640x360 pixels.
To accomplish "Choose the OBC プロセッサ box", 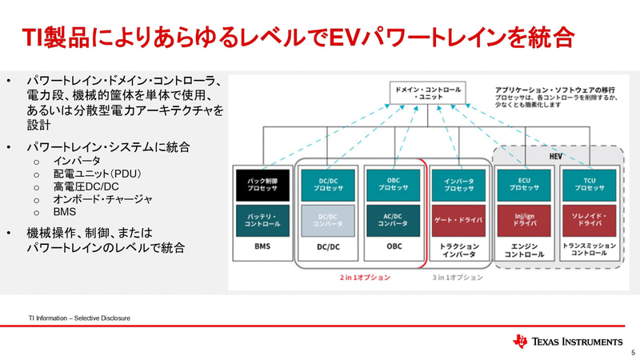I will pos(393,185).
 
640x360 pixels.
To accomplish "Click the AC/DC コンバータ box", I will pos(393,220).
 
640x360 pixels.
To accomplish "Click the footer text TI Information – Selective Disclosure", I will pos(78,318).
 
